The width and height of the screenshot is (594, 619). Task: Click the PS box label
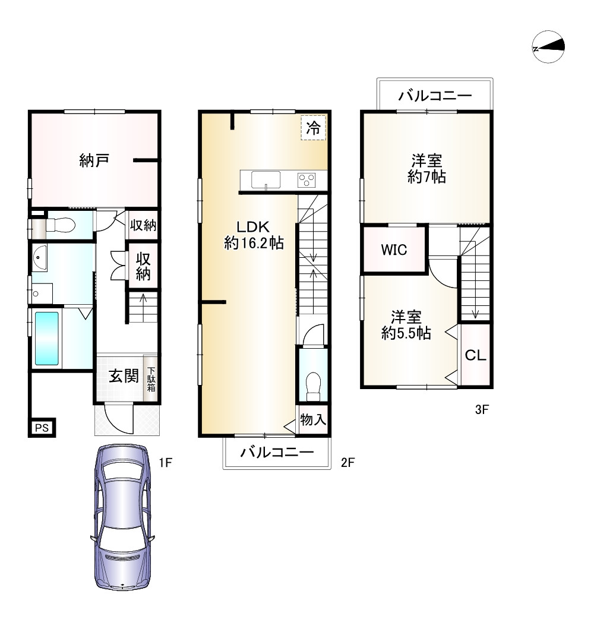coord(42,428)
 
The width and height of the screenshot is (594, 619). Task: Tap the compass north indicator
coord(548,46)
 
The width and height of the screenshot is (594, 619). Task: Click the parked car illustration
coord(123,517)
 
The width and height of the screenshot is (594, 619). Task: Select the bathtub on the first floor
coord(47,339)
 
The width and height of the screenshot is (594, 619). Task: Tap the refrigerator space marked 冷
coord(314,127)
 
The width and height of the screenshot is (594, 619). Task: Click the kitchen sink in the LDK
coord(266,180)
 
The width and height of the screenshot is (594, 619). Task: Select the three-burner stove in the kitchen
coord(307,181)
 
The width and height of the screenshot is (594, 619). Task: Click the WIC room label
coord(394,250)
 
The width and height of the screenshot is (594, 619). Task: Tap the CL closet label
coord(475,355)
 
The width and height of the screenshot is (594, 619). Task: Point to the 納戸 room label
coord(94,160)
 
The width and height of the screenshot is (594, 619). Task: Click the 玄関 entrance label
coord(124,375)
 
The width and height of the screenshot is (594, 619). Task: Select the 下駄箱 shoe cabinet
coord(151,380)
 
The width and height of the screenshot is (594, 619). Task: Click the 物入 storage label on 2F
coord(313,419)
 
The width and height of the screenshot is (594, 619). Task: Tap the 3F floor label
coord(482,409)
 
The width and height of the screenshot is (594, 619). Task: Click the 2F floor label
coord(347,462)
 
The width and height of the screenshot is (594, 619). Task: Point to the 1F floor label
coord(165,462)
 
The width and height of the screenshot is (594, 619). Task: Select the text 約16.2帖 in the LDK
coord(254,243)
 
